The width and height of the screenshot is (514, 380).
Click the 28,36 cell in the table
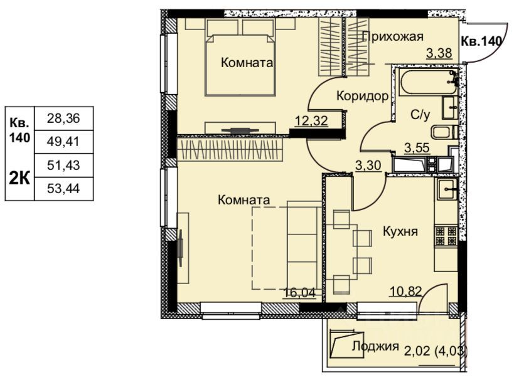[x=63, y=119]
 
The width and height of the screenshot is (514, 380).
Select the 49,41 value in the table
[x=63, y=142]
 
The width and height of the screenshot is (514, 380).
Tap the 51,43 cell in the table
[x=63, y=166]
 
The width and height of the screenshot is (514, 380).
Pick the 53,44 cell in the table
[x=63, y=189]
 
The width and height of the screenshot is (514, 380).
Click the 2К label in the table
[x=19, y=179]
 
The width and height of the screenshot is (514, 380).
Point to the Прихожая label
[x=393, y=36]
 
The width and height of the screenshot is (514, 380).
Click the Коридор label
[x=363, y=96]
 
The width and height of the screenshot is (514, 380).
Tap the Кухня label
[x=400, y=231]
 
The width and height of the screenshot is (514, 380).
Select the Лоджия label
[x=375, y=346]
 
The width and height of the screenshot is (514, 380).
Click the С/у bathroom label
[x=420, y=115]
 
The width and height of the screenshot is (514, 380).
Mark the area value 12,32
[x=311, y=121]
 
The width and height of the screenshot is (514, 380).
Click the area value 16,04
[x=299, y=292]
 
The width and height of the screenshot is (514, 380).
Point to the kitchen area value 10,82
[x=405, y=290]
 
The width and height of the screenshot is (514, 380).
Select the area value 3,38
[x=439, y=53]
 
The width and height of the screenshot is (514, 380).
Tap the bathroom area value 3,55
[x=417, y=148]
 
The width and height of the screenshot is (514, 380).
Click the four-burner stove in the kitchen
[x=446, y=236]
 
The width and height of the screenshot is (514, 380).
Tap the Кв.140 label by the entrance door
[x=481, y=41]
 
